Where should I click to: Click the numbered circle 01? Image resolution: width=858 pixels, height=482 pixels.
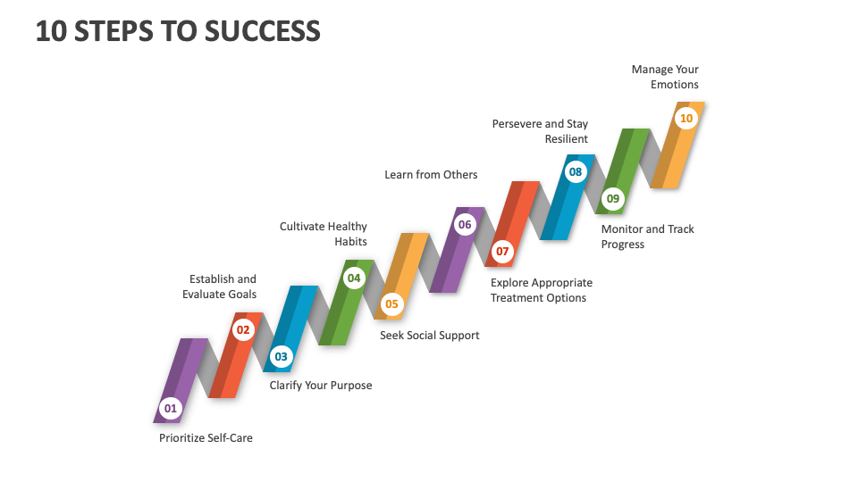[170, 410]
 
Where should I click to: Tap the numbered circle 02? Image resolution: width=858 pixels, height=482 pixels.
[243, 329]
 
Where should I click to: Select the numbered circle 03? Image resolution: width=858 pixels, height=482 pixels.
[282, 357]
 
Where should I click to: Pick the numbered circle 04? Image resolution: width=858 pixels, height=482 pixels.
[354, 278]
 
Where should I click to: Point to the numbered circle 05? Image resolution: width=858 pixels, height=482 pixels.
[391, 304]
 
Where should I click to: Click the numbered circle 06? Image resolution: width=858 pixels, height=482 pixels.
[465, 225]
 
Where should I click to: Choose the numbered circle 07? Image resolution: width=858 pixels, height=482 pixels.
[502, 252]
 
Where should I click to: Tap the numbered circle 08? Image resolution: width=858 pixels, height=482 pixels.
[576, 171]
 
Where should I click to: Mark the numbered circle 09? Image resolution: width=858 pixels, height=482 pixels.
[612, 198]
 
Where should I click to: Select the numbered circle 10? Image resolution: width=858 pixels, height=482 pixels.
[686, 118]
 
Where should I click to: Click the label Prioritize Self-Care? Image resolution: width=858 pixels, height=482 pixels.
[206, 438]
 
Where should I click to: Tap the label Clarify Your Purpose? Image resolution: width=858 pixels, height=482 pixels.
[321, 386]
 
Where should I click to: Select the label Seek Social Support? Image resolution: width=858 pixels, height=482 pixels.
[430, 336]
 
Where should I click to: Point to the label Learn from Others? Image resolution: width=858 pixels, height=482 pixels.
[431, 175]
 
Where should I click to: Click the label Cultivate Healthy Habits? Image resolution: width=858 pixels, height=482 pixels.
[324, 234]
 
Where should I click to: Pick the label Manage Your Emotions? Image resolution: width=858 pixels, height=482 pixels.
[665, 77]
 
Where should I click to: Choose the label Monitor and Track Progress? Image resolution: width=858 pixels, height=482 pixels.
[647, 237]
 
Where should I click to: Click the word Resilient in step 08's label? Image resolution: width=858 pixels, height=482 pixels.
[567, 139]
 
